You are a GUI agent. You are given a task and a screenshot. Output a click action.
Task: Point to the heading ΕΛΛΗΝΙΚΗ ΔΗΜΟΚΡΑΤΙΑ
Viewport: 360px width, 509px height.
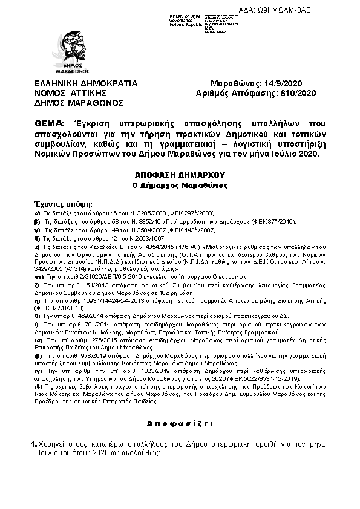[x=86, y=83]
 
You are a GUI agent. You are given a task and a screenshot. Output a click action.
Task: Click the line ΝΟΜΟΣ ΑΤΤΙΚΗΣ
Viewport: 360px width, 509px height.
[x=70, y=93]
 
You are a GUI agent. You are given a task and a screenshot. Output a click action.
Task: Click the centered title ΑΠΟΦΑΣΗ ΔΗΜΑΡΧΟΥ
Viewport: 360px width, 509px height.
[x=179, y=172]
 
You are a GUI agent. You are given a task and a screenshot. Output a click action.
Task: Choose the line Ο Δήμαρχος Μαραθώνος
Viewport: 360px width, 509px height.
[x=179, y=184]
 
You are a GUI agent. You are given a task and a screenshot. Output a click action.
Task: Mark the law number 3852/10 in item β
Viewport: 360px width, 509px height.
[x=115, y=222]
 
